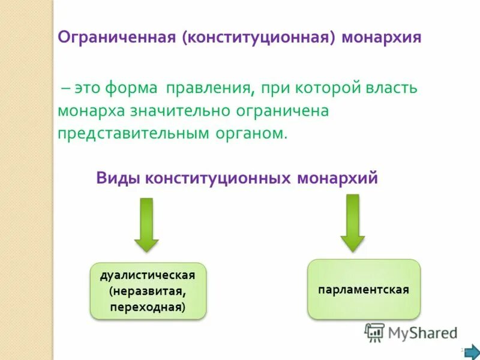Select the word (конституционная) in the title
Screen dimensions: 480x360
259,37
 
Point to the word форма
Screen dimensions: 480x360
131,88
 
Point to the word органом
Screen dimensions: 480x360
251,133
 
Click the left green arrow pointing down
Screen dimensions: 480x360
146,224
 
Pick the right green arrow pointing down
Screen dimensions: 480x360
353,222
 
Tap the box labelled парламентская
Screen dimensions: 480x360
364,289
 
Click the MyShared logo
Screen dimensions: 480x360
412,332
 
